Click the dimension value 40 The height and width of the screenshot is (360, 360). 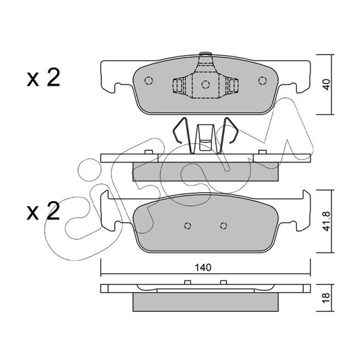[x=326, y=84]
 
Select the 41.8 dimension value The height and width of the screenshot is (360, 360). [x=326, y=221]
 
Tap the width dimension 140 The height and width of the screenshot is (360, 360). [x=203, y=268]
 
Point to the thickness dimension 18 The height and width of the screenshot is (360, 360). [x=326, y=298]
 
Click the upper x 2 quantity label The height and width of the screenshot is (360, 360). [x=43, y=77]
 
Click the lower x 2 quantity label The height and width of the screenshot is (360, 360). [x=43, y=211]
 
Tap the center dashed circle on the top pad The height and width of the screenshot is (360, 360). [x=206, y=84]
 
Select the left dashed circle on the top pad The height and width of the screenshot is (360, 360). [x=149, y=81]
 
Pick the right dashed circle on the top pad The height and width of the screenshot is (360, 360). [x=262, y=81]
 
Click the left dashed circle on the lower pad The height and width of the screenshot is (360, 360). [x=187, y=226]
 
